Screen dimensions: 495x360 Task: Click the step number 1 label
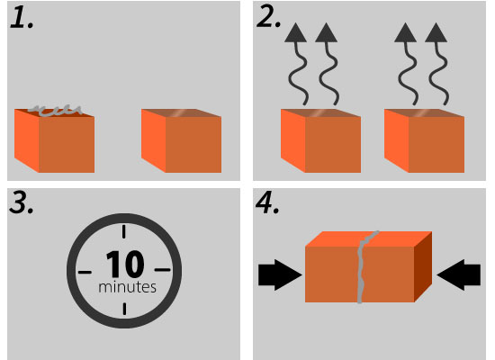point(22,18)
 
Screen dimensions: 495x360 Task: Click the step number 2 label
point(269,16)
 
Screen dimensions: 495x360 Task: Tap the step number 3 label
point(22,202)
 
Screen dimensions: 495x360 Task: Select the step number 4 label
point(267,202)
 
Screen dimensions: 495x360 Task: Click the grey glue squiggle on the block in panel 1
point(55,111)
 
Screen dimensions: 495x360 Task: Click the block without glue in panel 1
point(181,140)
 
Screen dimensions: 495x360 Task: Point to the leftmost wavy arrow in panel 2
point(297,63)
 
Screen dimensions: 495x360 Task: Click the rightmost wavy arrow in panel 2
point(437,63)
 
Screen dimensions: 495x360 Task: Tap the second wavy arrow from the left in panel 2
point(328,63)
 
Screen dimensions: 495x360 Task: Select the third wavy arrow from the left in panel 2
point(407,63)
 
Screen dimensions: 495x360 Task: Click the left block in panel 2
point(320,140)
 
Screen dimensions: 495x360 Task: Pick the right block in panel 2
point(424,140)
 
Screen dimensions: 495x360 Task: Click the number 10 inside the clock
point(125,264)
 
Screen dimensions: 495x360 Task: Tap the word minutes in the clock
point(127,287)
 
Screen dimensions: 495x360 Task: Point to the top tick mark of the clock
point(124,231)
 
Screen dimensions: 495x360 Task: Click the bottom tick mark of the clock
point(124,309)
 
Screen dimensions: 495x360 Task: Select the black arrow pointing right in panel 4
point(280,274)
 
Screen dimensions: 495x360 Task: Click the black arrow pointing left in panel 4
point(459,274)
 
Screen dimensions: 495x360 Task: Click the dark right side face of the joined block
point(423,266)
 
